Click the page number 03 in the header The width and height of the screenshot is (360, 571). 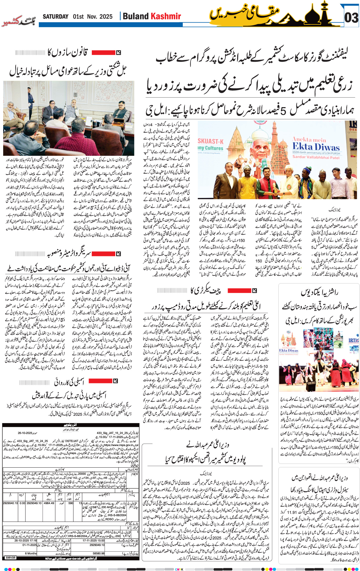pos(351,18)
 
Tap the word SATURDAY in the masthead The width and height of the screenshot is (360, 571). pos(56,17)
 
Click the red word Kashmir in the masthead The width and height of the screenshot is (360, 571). pos(166,16)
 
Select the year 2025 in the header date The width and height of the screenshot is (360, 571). pos(106,17)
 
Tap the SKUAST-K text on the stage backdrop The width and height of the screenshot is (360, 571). pos(211,141)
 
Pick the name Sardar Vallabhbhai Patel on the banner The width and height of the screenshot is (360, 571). pos(316,157)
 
